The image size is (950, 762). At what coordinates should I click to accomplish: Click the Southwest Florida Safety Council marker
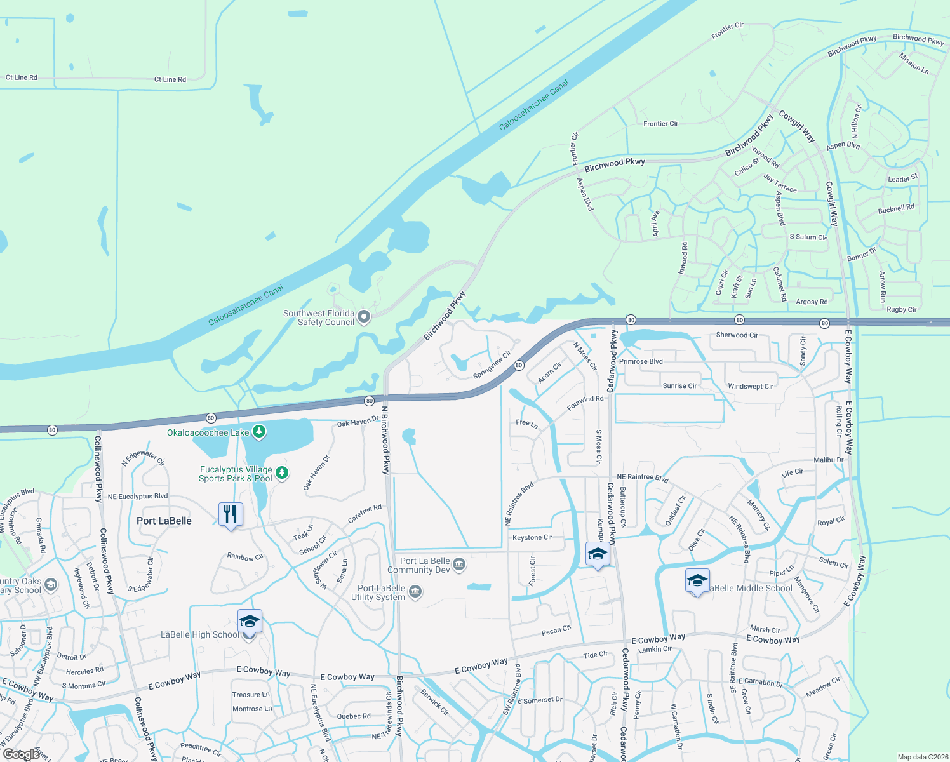[364, 317]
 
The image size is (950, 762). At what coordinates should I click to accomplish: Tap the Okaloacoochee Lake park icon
[259, 432]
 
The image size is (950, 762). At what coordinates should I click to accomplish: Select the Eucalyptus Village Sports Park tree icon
[283, 473]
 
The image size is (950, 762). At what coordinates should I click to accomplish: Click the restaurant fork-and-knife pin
[231, 514]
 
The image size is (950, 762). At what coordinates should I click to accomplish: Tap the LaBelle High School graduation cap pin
[250, 622]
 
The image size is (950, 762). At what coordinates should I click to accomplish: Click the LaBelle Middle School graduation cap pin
[697, 581]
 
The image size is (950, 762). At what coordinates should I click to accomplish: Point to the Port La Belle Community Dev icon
[460, 564]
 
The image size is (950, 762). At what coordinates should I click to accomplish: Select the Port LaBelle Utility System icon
[415, 592]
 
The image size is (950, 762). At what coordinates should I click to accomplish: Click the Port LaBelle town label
[164, 521]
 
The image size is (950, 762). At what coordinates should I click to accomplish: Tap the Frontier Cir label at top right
[727, 30]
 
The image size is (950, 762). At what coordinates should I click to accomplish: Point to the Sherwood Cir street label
[737, 335]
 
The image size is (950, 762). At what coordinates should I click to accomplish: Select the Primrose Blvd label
[641, 361]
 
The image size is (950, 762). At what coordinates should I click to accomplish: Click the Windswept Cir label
[750, 386]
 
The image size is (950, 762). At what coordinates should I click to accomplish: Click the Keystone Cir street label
[532, 537]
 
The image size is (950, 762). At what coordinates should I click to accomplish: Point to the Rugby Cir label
[901, 310]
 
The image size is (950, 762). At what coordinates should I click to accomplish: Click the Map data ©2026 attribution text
[920, 757]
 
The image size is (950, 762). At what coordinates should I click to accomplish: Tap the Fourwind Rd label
[585, 403]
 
